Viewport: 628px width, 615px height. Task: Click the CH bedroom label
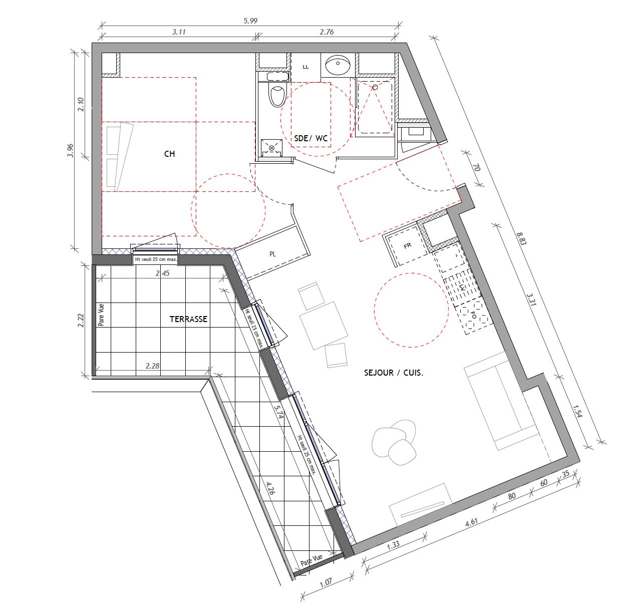169,154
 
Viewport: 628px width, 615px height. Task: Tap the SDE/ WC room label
310,138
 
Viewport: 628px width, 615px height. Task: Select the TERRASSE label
188,319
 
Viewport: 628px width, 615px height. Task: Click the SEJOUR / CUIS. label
394,373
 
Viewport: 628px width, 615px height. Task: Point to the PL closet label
272,254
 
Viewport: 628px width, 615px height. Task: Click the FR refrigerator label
407,246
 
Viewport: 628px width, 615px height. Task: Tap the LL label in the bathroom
305,67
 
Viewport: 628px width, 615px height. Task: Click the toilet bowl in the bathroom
276,95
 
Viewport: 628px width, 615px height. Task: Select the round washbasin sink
339,65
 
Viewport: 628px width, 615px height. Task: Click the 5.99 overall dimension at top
250,21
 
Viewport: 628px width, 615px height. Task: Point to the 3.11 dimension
179,32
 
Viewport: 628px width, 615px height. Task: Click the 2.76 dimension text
327,32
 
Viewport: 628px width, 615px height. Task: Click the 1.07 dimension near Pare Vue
326,582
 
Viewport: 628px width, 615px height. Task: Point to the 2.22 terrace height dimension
81,321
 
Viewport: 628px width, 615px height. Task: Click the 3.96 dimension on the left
71,150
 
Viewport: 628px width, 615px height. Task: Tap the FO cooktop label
473,316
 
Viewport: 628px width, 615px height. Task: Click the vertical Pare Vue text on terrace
101,315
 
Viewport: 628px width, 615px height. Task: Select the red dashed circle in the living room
411,310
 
